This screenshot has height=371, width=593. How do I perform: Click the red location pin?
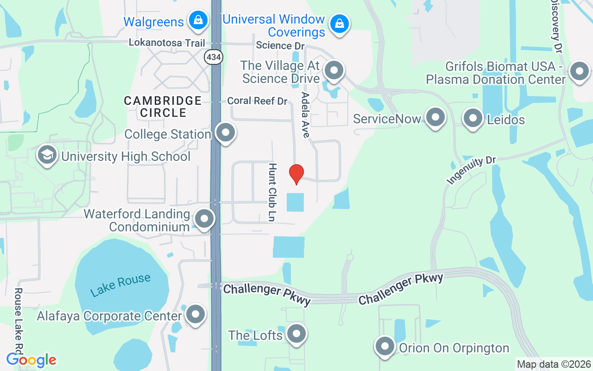click(296, 174)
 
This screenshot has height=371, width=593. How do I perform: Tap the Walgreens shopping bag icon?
click(198, 20)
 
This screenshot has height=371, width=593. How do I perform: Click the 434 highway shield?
click(214, 57)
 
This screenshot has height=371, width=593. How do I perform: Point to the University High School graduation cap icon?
click(47, 155)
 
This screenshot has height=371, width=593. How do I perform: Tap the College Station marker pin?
click(226, 133)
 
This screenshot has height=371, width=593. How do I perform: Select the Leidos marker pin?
click(473, 118)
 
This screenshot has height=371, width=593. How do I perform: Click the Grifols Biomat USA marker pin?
click(579, 72)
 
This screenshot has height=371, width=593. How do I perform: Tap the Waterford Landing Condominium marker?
click(204, 219)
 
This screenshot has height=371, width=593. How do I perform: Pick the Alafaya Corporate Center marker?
click(195, 314)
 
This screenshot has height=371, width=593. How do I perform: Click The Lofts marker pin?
click(296, 333)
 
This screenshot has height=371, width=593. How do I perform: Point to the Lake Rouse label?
click(120, 285)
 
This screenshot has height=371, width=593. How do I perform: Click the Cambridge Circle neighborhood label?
click(163, 106)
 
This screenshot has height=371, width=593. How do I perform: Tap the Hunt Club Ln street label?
click(272, 192)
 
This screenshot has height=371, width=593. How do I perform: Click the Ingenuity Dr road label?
click(472, 170)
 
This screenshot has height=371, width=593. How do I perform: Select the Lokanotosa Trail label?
click(167, 43)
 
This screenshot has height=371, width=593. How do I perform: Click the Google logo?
click(32, 359)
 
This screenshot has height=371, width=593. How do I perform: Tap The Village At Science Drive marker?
click(334, 70)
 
